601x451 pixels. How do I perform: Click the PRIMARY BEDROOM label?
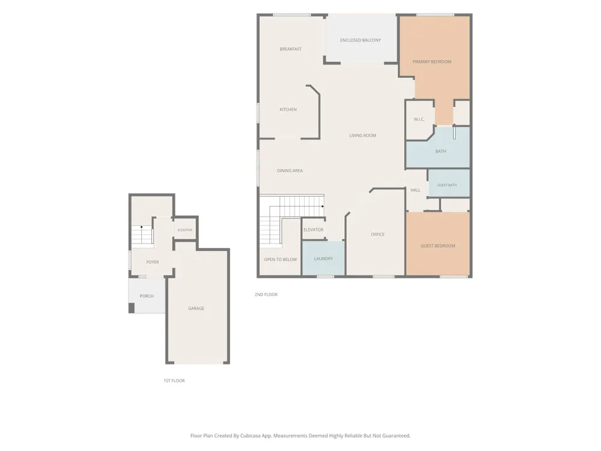(x=432, y=62)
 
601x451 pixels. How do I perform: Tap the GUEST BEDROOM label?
(x=438, y=246)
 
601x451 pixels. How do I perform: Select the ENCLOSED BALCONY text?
(x=360, y=40)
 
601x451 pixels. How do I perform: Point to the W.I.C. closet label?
(x=419, y=119)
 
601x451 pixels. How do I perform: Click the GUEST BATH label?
(x=447, y=185)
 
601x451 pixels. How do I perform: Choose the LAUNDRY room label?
(x=323, y=259)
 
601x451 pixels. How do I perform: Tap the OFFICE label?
(x=377, y=235)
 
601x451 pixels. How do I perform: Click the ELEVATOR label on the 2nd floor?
(x=314, y=230)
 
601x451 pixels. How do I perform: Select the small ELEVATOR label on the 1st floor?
(x=185, y=230)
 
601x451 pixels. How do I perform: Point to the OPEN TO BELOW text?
(x=281, y=260)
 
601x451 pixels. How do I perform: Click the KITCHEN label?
(x=288, y=109)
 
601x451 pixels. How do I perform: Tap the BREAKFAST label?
(x=290, y=49)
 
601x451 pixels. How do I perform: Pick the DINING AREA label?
(x=290, y=171)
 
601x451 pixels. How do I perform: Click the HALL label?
(x=415, y=190)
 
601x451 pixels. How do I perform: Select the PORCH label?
(x=147, y=296)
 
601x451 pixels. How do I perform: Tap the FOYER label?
(x=153, y=262)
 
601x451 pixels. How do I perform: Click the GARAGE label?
(x=197, y=308)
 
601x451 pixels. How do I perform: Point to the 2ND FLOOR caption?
(x=266, y=295)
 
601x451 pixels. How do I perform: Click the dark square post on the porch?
(x=132, y=308)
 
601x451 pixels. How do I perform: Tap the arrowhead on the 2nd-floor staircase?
(x=323, y=207)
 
